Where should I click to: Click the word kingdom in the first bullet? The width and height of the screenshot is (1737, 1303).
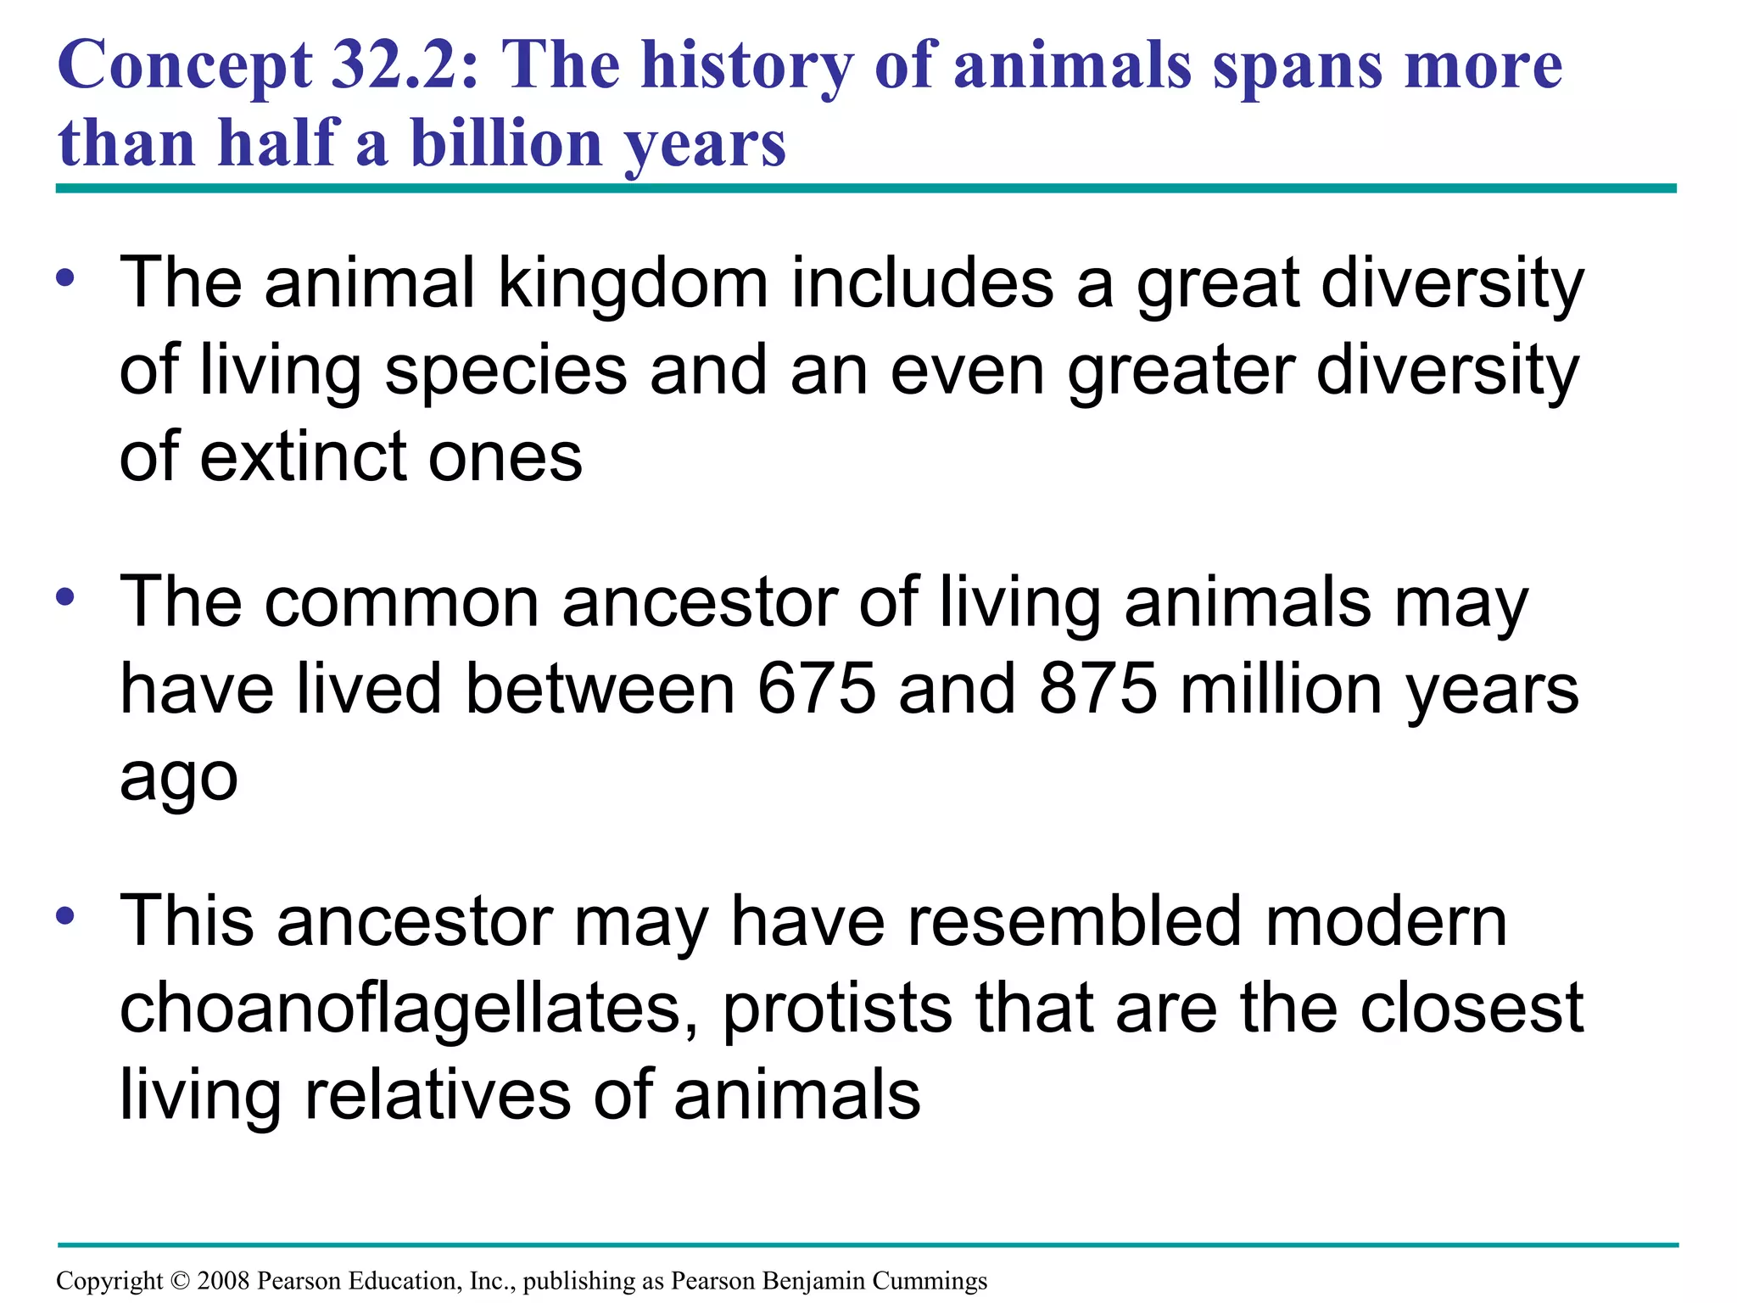pos(633,283)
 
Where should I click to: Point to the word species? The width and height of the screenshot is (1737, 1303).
pos(505,372)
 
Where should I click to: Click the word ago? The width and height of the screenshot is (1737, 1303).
pos(178,779)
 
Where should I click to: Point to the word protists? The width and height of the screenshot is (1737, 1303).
pos(837,1009)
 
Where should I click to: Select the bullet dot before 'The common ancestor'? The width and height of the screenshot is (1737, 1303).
pos(66,597)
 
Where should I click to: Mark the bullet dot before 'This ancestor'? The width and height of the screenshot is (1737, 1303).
pos(66,916)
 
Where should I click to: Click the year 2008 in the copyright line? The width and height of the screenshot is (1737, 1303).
pos(224,1280)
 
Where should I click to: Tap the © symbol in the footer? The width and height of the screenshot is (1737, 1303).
pos(180,1280)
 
